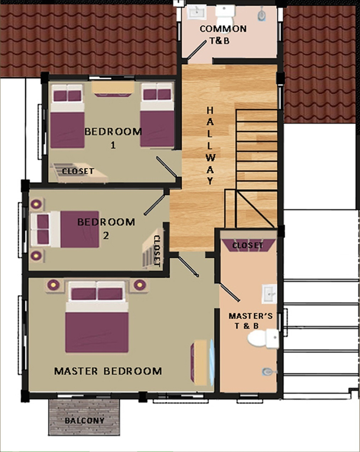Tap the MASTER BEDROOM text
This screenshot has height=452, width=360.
coord(108,371)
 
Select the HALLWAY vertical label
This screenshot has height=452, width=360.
coord(210,146)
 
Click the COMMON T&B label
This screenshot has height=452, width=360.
coord(223,35)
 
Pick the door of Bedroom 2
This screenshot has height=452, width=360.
coord(155,205)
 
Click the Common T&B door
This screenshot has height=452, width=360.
coord(197,50)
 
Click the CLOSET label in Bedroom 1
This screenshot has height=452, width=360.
coord(78,171)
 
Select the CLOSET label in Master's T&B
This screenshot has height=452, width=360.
coord(248,245)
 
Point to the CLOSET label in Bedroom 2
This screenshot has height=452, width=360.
coord(157,251)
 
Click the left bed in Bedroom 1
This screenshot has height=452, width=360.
coord(67,116)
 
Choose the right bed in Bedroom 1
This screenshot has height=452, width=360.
coord(157,115)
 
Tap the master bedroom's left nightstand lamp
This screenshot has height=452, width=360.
coord(53,285)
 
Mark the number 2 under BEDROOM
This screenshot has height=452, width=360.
coord(106,236)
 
